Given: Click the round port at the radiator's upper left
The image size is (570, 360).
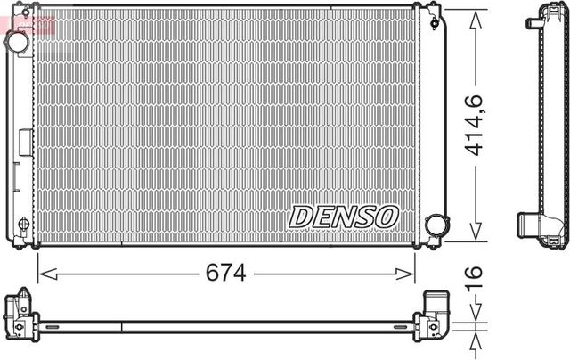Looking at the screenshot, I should pos(16,43).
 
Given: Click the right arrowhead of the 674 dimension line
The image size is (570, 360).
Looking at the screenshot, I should pos(410,274).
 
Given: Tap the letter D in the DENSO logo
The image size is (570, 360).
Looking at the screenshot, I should pos(299,217).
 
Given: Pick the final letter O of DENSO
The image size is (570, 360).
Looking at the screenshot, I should pos(387,217).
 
